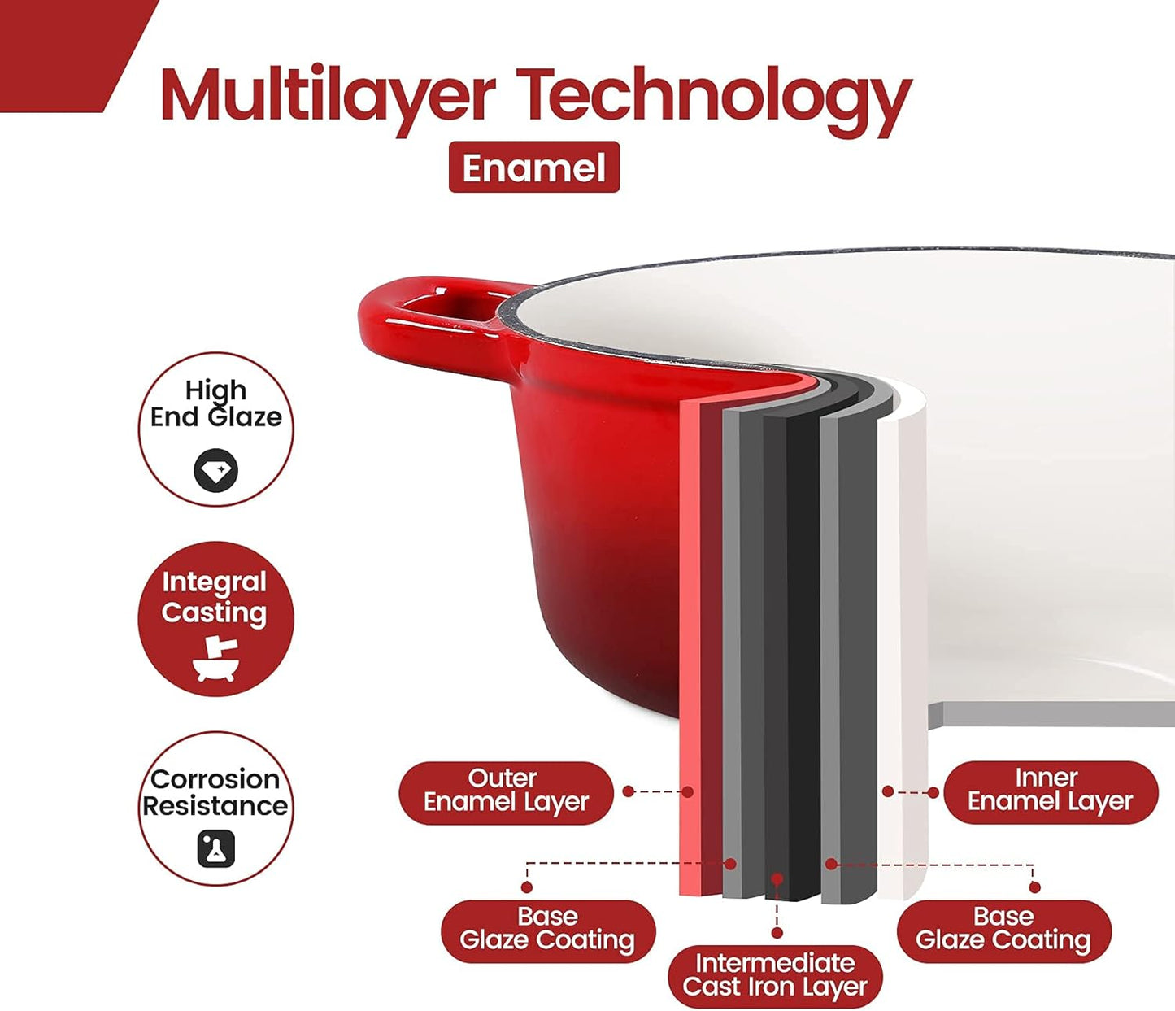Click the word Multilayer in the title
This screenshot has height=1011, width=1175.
tap(328, 94)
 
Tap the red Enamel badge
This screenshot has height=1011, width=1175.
tap(533, 167)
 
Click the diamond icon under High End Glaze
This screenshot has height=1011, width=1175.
tap(216, 470)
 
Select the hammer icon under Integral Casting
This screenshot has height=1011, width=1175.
tap(215, 660)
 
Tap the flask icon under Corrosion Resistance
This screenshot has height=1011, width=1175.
tap(216, 848)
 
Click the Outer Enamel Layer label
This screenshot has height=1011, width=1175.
tap(506, 793)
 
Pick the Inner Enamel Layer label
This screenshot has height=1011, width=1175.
tap(1051, 792)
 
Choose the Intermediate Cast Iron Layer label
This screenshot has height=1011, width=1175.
tap(776, 975)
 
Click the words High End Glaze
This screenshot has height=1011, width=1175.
tap(216, 403)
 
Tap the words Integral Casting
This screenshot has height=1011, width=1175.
tap(215, 598)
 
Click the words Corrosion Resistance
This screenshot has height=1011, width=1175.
tap(215, 793)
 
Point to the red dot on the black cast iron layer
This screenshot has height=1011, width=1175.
tap(777, 879)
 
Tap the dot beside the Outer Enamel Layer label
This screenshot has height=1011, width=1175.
tap(628, 791)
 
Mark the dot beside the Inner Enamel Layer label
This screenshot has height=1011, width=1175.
tap(933, 793)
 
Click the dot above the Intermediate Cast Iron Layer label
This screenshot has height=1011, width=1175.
tap(777, 933)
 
